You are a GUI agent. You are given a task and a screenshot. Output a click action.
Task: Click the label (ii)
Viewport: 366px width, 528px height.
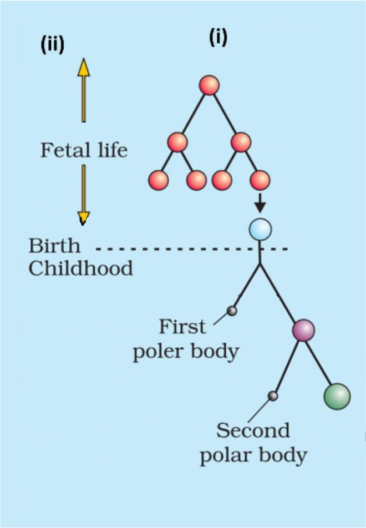(53, 45)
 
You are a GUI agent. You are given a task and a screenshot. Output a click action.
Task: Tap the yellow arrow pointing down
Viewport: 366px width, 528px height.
(83, 195)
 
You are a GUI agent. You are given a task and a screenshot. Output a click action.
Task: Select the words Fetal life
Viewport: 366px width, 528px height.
(84, 150)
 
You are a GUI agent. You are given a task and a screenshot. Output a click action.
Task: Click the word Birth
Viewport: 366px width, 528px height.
(54, 245)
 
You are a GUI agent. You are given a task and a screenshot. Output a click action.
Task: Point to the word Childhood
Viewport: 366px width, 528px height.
(81, 268)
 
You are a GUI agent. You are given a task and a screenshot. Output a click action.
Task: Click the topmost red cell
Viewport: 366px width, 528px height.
(209, 85)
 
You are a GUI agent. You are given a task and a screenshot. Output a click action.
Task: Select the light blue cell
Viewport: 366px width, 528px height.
(260, 229)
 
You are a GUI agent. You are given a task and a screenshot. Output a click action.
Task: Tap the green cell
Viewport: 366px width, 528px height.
(337, 397)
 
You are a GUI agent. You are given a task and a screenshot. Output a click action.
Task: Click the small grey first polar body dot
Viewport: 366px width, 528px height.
(232, 311)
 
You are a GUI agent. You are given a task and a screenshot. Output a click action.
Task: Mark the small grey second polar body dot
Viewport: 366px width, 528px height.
(272, 396)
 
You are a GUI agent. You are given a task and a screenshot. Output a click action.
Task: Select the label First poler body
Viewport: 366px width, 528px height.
(186, 339)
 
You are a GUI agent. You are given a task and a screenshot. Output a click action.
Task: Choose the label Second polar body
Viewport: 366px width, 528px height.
(253, 443)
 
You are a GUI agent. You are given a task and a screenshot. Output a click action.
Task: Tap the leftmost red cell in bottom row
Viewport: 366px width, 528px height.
(158, 180)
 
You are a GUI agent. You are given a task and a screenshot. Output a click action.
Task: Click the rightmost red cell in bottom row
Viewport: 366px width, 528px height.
(260, 180)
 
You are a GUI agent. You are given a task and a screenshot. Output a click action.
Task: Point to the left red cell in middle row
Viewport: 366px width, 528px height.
(177, 143)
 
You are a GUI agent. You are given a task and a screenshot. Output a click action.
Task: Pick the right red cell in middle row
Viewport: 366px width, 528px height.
(241, 143)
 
